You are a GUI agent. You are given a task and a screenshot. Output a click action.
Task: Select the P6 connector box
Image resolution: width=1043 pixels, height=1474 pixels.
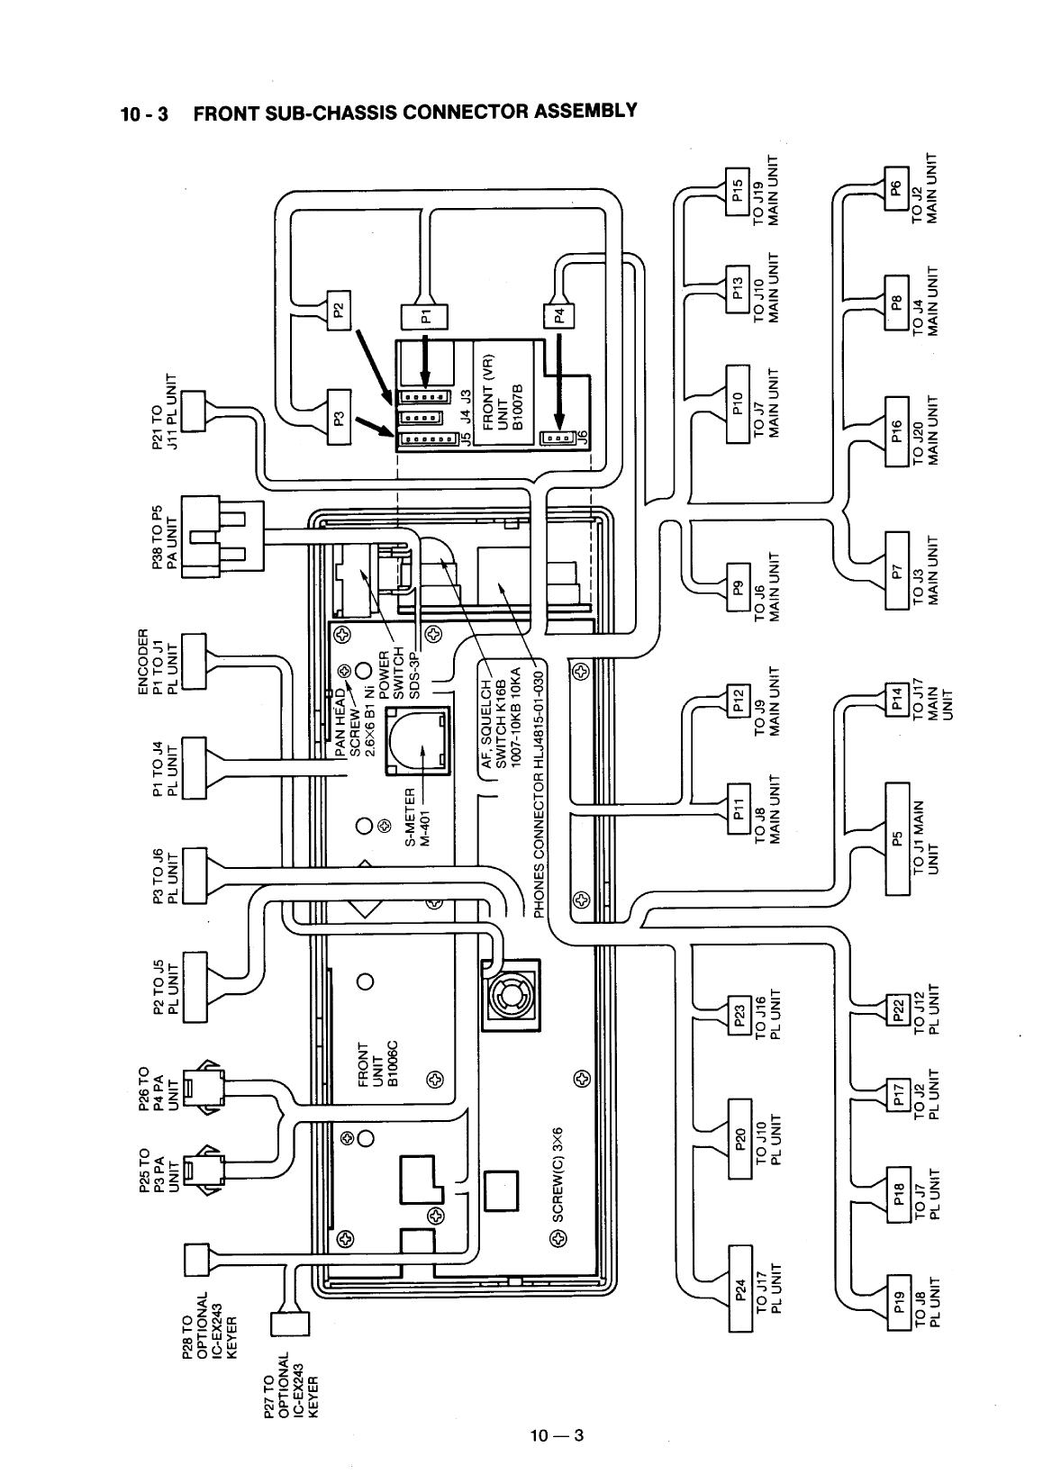click(x=895, y=189)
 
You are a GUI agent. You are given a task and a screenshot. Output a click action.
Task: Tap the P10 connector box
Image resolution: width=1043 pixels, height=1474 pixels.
click(x=737, y=405)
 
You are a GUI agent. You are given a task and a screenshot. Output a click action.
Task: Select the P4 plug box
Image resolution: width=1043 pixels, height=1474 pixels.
click(x=558, y=316)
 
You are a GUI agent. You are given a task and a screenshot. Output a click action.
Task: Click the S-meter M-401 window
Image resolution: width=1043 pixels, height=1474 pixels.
click(x=416, y=741)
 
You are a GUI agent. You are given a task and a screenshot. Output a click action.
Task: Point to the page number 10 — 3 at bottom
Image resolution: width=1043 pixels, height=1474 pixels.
click(x=558, y=1434)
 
